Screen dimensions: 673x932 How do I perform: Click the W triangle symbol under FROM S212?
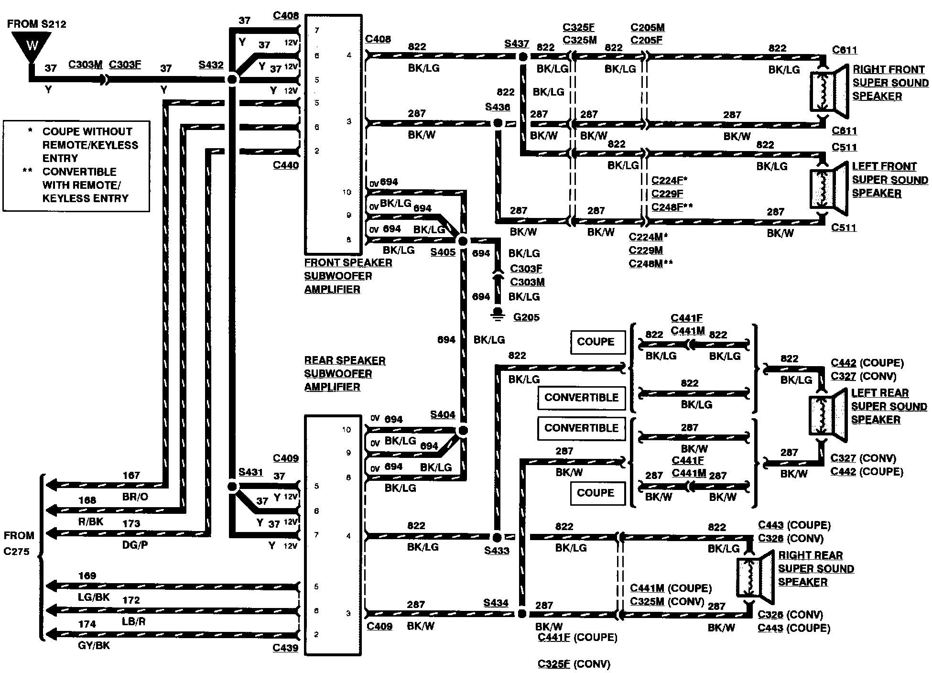click(x=32, y=46)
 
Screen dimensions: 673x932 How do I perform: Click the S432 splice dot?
click(x=232, y=79)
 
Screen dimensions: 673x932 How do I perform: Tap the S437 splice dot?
click(x=523, y=57)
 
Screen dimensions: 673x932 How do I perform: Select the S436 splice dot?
click(x=498, y=123)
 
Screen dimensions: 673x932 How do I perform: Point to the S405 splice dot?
click(x=463, y=241)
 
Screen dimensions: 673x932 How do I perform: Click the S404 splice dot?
click(x=463, y=431)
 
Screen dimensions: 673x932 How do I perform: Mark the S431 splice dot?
click(x=232, y=487)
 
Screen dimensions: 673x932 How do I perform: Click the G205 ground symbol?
click(x=498, y=314)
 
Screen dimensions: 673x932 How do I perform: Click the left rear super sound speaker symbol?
click(x=828, y=414)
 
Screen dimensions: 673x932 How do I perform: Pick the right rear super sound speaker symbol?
click(x=755, y=577)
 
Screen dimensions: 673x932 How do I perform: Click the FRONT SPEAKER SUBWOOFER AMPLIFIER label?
click(x=348, y=276)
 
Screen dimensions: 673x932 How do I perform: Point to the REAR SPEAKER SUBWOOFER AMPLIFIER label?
click(x=345, y=374)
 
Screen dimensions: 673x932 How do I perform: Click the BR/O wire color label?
click(x=135, y=497)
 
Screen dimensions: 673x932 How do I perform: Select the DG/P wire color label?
click(x=135, y=545)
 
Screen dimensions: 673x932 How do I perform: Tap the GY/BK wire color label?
click(x=94, y=645)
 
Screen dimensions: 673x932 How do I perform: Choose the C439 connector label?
click(x=285, y=648)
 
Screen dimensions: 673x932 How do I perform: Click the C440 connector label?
click(x=286, y=165)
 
